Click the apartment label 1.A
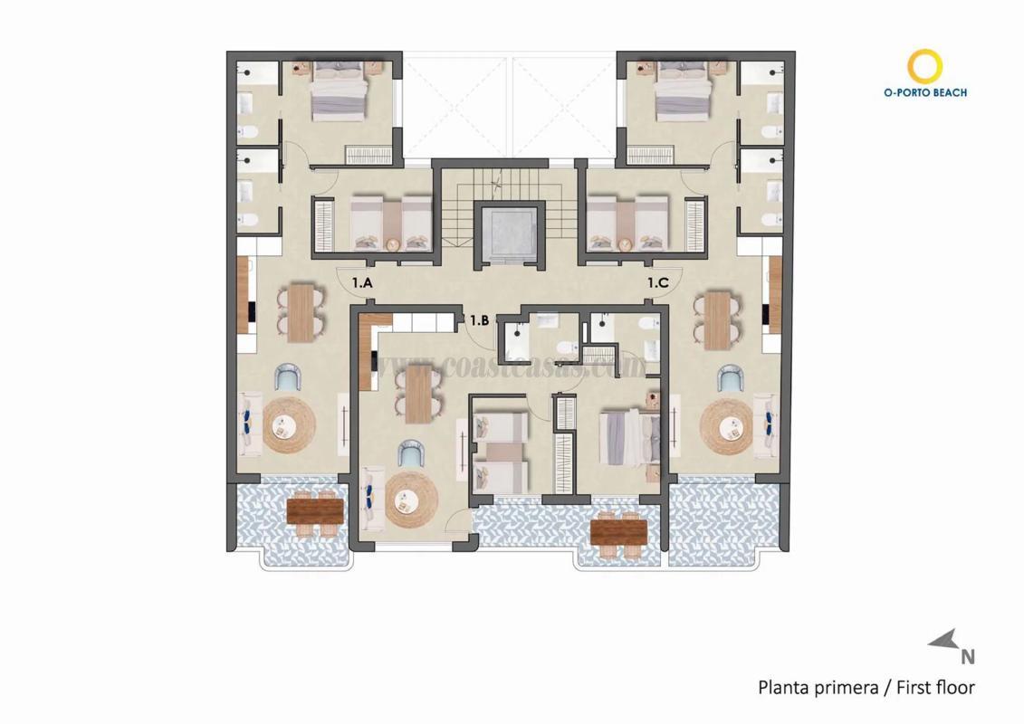click(362, 283)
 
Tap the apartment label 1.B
click(479, 319)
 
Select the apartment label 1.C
click(658, 283)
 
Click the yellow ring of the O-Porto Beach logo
click(925, 66)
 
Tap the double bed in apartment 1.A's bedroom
click(340, 96)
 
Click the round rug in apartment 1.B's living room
click(411, 502)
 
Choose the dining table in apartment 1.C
click(716, 319)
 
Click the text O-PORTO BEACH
click(924, 92)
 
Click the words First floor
click(935, 688)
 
